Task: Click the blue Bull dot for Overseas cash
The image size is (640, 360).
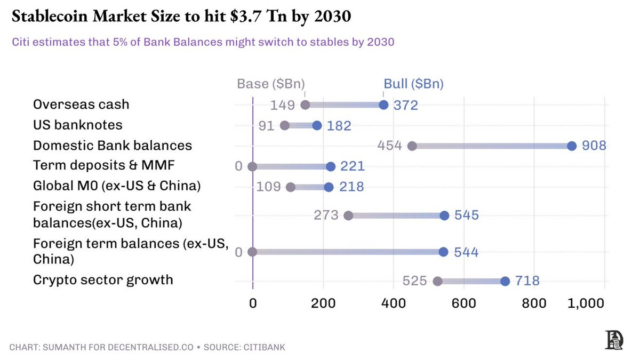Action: click(383, 105)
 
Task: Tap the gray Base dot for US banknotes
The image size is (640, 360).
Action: click(285, 125)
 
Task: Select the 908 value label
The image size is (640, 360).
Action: click(594, 146)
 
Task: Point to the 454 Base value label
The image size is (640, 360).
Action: click(389, 146)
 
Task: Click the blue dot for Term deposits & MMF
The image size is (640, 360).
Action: click(331, 166)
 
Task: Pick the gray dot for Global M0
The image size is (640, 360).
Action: click(290, 187)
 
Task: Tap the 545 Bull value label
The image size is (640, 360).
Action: click(467, 215)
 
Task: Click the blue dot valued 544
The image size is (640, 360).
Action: click(443, 252)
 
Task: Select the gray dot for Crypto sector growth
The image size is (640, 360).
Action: click(437, 281)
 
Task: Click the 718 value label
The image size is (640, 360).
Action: click(527, 281)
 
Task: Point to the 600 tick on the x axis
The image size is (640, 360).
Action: click(463, 303)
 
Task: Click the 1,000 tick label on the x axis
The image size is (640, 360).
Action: click(586, 303)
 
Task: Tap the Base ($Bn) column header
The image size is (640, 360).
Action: click(271, 84)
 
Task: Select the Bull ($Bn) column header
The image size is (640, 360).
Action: click(413, 84)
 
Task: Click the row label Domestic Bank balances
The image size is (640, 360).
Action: click(113, 146)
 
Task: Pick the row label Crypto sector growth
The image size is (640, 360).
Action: click(103, 280)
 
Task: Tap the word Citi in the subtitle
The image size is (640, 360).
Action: click(21, 42)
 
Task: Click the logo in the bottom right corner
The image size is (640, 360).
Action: click(614, 340)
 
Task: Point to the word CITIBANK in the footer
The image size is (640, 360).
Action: click(265, 347)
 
